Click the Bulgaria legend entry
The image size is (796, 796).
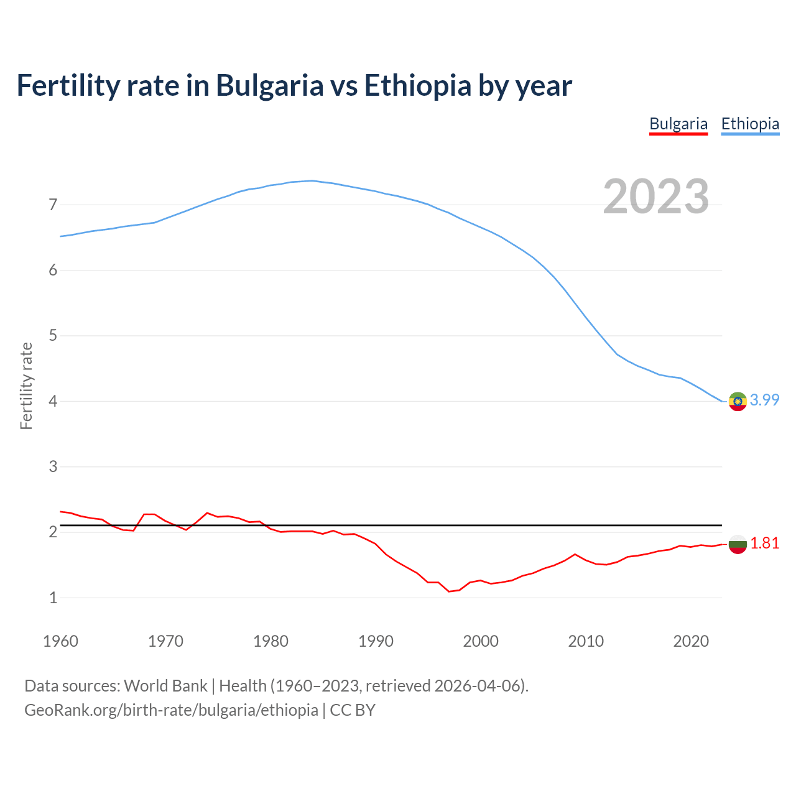[678, 124]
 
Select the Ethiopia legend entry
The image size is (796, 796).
[750, 124]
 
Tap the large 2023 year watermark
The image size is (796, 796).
[656, 197]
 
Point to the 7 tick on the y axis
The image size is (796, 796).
[53, 205]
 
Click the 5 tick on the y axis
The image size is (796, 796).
[53, 336]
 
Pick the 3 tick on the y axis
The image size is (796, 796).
[53, 466]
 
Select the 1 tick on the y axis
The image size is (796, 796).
[53, 598]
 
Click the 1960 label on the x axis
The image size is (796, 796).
[60, 641]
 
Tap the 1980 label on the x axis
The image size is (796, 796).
[271, 641]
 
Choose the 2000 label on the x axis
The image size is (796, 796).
[481, 641]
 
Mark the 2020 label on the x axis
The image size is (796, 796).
[691, 641]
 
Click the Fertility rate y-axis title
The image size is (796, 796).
[26, 386]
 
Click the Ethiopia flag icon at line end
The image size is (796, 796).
[738, 402]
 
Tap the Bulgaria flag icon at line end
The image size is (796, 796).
[738, 544]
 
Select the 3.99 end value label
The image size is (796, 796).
[764, 400]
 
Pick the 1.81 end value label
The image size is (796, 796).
[764, 543]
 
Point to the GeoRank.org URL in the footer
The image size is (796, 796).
[171, 710]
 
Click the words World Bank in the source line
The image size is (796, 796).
[165, 685]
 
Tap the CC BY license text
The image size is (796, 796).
[353, 710]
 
